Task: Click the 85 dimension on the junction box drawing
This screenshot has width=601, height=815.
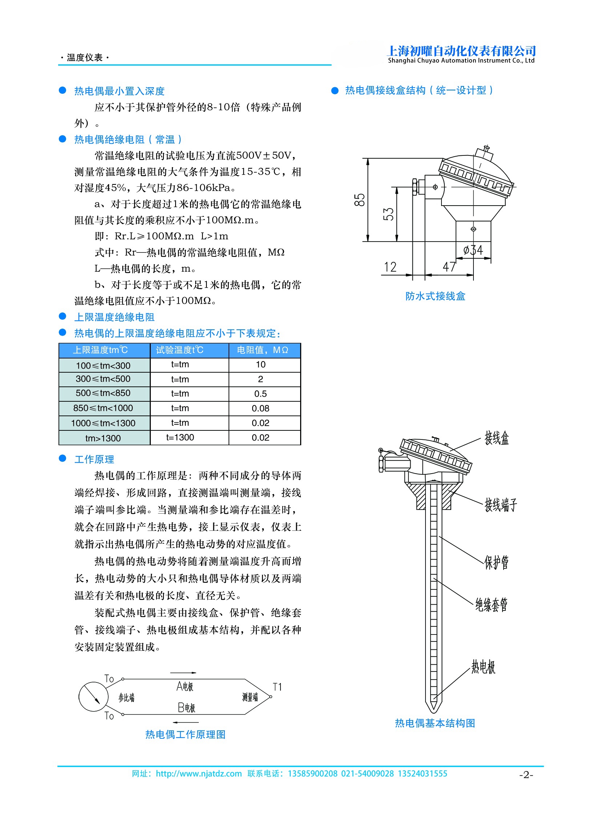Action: coord(359,200)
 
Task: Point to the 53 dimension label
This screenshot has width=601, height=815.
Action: coord(388,214)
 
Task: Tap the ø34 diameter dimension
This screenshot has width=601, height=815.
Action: coord(473,250)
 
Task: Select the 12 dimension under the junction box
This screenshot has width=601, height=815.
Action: coord(390,267)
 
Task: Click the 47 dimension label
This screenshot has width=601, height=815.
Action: coord(449,267)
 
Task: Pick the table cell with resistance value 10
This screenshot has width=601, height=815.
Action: coord(261,364)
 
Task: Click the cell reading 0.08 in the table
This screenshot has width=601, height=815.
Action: coord(261,409)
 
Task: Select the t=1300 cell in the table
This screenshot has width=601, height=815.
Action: coord(180,438)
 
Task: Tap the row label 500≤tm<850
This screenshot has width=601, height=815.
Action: coord(103,393)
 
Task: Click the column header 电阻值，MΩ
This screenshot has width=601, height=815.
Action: coord(262,350)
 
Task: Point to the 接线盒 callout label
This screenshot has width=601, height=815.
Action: coord(497,438)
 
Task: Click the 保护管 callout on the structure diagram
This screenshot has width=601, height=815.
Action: coord(496,562)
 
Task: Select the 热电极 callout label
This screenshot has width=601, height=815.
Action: coord(483,667)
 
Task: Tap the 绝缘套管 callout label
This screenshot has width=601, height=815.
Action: coord(491,605)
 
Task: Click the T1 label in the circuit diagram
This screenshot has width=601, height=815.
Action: coord(277,687)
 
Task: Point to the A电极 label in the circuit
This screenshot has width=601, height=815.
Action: coord(185,686)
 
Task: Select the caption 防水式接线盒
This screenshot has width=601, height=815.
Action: coord(435,296)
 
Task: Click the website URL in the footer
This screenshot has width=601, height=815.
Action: coord(199,774)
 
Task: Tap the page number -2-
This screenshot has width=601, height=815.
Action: coord(526,775)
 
